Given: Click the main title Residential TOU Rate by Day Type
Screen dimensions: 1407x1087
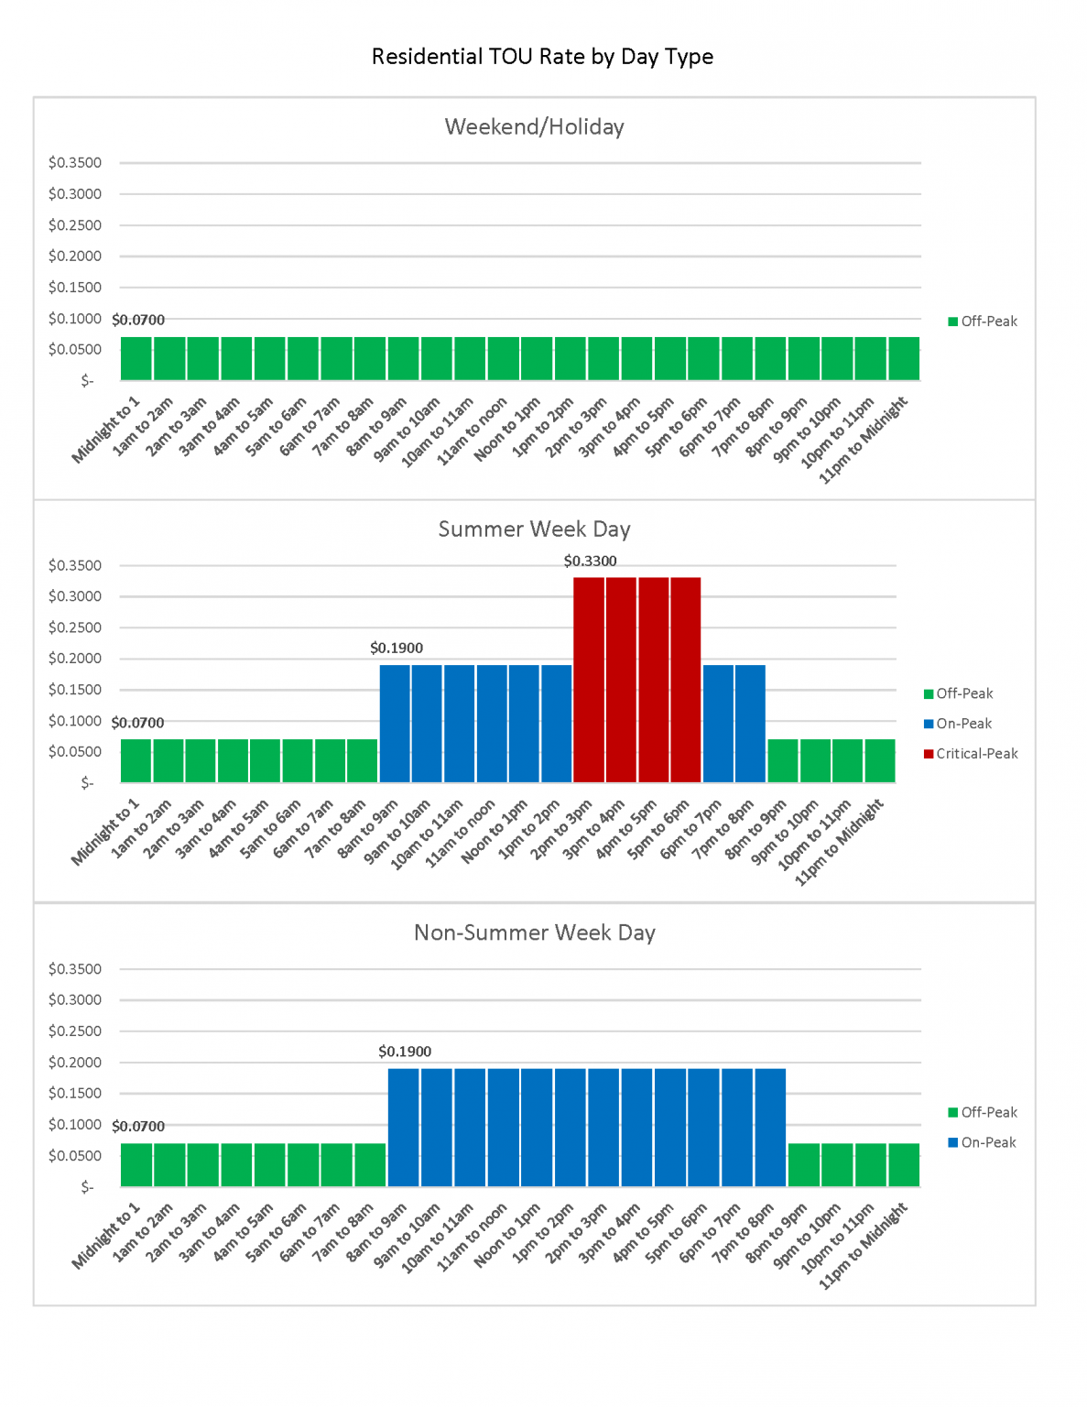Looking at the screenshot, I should pyautogui.click(x=542, y=57).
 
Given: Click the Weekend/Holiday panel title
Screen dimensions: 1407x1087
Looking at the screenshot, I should pyautogui.click(x=534, y=126).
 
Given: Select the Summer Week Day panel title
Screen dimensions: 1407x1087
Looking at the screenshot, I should pyautogui.click(x=534, y=529).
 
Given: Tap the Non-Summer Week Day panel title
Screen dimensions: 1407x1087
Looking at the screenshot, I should pyautogui.click(x=534, y=933).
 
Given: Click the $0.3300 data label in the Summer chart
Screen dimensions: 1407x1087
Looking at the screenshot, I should pyautogui.click(x=590, y=561).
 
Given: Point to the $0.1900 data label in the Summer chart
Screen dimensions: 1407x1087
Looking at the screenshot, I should pyautogui.click(x=397, y=648).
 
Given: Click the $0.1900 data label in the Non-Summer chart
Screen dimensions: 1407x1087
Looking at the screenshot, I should pyautogui.click(x=405, y=1052).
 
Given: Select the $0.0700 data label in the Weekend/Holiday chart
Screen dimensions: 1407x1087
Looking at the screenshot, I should pyautogui.click(x=138, y=320).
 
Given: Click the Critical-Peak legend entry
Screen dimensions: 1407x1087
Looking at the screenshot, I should pyautogui.click(x=976, y=754).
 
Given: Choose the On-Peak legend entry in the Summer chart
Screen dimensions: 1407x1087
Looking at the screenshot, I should pyautogui.click(x=963, y=724).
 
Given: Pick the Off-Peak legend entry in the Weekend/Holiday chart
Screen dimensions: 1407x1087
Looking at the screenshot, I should pyautogui.click(x=988, y=322).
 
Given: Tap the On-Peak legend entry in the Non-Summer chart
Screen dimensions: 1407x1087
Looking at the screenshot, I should pyautogui.click(x=988, y=1142).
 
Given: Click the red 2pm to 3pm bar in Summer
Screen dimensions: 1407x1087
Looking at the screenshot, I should pyautogui.click(x=589, y=680).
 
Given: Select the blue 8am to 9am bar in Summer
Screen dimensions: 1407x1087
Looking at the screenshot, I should pyautogui.click(x=395, y=724).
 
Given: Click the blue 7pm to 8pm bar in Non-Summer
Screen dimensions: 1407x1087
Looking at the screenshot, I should pyautogui.click(x=770, y=1128).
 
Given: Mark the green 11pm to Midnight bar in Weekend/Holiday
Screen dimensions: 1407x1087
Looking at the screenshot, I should pyautogui.click(x=904, y=358).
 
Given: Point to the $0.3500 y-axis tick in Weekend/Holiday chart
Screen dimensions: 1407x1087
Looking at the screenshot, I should pyautogui.click(x=75, y=163).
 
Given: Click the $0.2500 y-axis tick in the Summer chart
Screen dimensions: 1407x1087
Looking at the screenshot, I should pyautogui.click(x=75, y=627).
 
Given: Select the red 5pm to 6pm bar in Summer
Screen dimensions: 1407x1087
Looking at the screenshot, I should pyautogui.click(x=686, y=680).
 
